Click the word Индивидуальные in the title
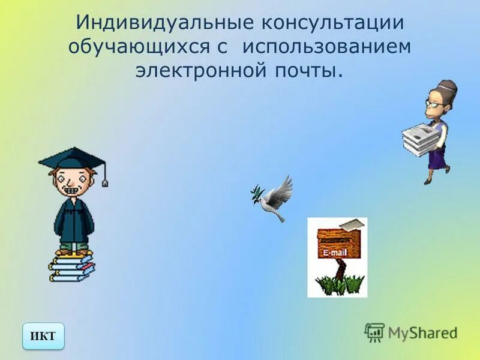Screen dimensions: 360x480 161,25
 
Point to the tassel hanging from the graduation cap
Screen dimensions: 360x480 105,179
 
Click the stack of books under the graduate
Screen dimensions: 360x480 71,267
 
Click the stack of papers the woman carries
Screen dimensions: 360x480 420,139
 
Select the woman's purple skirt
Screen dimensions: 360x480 437,157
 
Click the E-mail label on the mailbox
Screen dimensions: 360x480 335,253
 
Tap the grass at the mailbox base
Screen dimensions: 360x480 340,284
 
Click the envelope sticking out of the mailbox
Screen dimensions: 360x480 351,224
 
